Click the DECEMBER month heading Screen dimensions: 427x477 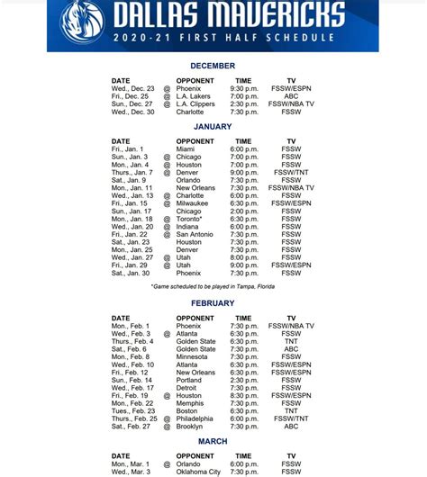pos(213,66)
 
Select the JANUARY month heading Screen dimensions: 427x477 pos(213,127)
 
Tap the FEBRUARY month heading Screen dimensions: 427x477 pos(213,303)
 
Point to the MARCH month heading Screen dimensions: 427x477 pos(213,442)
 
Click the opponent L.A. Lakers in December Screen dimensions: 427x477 pos(195,96)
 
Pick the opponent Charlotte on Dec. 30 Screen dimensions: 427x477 pos(190,112)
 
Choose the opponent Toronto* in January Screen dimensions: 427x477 pos(190,219)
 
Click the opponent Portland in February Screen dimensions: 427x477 pos(189,380)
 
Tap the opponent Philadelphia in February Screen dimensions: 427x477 pos(195,418)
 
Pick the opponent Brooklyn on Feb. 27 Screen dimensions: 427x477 pos(190,427)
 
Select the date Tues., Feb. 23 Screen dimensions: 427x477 pos(134,411)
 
